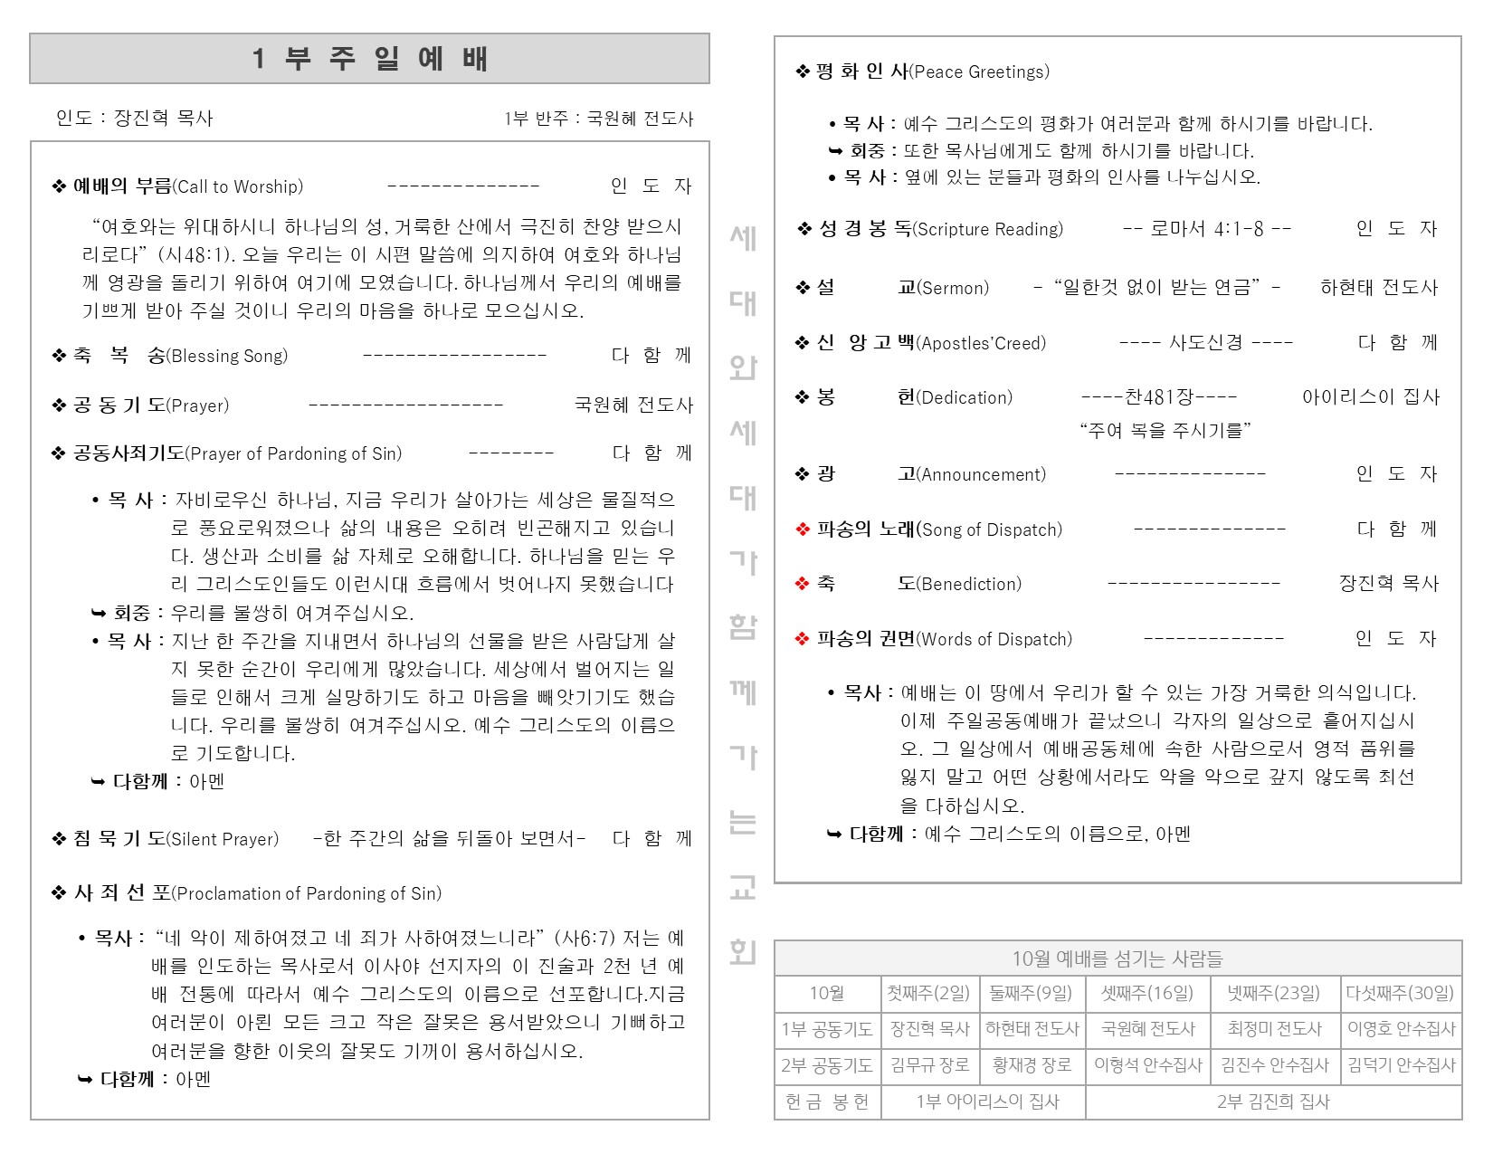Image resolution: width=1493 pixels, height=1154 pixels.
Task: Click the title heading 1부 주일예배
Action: (x=369, y=59)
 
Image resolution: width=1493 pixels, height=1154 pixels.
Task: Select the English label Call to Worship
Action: (x=238, y=187)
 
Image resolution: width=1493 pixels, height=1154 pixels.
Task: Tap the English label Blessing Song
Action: (x=228, y=357)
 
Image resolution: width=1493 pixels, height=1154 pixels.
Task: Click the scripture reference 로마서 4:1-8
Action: (x=1206, y=229)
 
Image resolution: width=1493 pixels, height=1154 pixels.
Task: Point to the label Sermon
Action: (x=953, y=289)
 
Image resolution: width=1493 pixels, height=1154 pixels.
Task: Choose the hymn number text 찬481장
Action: (x=1159, y=397)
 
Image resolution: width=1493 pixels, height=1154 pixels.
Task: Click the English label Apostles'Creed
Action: (x=981, y=344)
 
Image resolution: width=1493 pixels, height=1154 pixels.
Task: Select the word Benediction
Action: (x=969, y=585)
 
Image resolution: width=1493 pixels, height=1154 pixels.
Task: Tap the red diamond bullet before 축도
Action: (x=802, y=585)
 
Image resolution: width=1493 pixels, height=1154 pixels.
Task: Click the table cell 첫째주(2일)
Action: (x=929, y=994)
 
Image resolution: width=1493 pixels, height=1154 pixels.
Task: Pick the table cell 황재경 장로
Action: (x=1032, y=1065)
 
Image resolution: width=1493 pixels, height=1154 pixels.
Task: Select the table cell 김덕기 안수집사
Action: (x=1401, y=1065)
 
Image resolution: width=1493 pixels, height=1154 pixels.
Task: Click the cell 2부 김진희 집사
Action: (x=1273, y=1102)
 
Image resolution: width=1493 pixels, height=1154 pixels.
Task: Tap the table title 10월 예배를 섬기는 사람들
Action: (x=1117, y=958)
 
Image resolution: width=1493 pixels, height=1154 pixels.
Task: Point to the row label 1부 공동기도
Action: (x=827, y=1029)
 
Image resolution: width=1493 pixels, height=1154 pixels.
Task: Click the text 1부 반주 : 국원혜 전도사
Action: (x=598, y=119)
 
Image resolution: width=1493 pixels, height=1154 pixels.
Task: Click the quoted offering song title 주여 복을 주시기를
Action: (x=1165, y=431)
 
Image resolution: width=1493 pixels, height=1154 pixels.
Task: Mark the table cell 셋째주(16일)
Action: (x=1147, y=994)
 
